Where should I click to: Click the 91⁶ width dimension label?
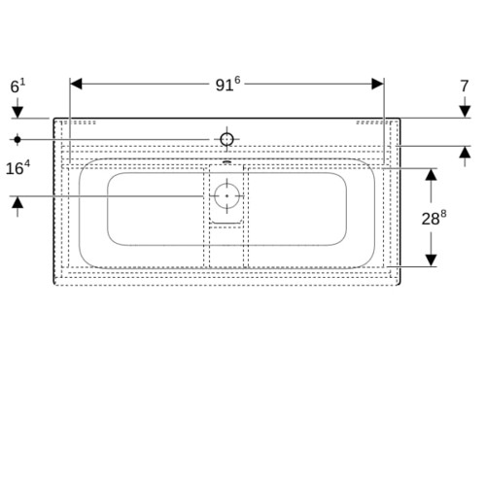[228, 85]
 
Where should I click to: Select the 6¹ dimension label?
[17, 87]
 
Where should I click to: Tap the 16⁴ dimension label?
[17, 168]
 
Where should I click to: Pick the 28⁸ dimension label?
[434, 218]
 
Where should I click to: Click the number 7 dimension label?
[465, 87]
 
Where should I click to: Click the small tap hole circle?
[226, 139]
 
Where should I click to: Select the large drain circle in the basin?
[226, 196]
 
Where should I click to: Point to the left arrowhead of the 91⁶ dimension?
[76, 84]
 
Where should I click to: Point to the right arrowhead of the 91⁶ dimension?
[378, 84]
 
